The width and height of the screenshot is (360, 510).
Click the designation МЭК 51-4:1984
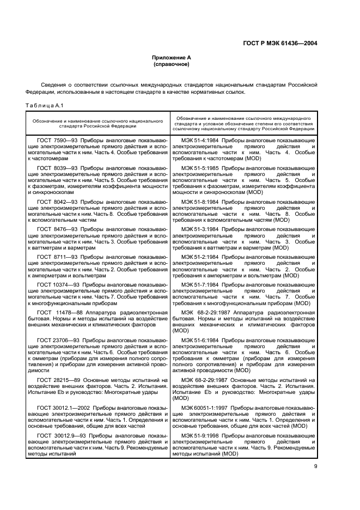click(x=202, y=141)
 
